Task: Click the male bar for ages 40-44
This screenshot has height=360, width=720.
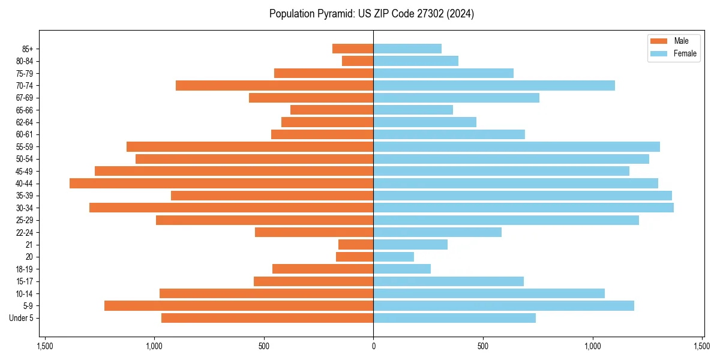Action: click(x=221, y=183)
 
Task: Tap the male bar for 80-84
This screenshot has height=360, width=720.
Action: click(x=358, y=61)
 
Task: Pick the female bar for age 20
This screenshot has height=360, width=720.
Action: click(x=394, y=257)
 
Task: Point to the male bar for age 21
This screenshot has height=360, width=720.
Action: click(x=356, y=244)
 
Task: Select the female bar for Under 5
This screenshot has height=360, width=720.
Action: click(x=454, y=318)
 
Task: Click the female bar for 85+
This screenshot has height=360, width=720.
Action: click(x=407, y=49)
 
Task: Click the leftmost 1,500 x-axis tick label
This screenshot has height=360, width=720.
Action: click(x=44, y=347)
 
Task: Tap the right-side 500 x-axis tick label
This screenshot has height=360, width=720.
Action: click(x=483, y=347)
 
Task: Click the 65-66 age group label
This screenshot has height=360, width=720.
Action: click(x=25, y=110)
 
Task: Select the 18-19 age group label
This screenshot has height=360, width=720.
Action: click(x=25, y=269)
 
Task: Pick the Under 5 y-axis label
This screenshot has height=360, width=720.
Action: click(x=21, y=318)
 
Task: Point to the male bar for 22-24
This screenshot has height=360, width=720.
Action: click(x=314, y=232)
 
